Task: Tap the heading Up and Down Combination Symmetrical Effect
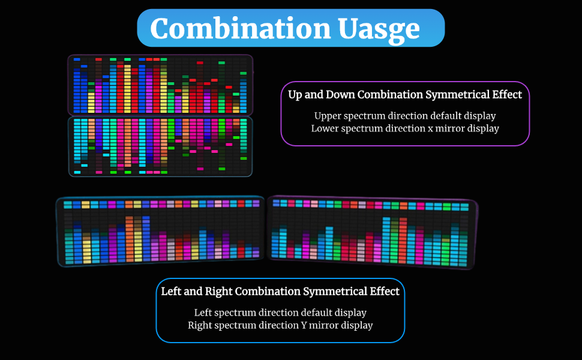pyautogui.click(x=405, y=95)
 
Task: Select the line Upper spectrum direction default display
pyautogui.click(x=405, y=115)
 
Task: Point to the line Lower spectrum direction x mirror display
pyautogui.click(x=405, y=128)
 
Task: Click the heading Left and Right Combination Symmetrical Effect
pyautogui.click(x=280, y=292)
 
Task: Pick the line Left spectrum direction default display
pyautogui.click(x=280, y=313)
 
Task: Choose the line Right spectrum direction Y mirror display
pyautogui.click(x=280, y=326)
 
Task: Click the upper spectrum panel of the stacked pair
pyautogui.click(x=160, y=85)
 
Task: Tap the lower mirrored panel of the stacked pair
pyautogui.click(x=160, y=146)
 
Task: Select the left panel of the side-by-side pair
pyautogui.click(x=160, y=231)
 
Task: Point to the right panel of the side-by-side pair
pyautogui.click(x=371, y=231)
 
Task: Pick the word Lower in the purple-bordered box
pyautogui.click(x=325, y=128)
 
